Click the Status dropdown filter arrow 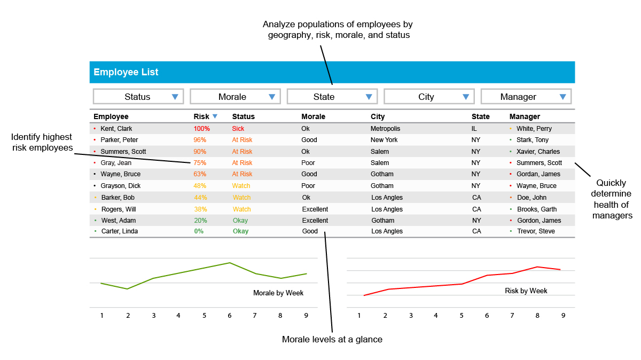click(175, 97)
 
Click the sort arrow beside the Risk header click(215, 116)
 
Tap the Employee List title click(126, 72)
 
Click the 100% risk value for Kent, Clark click(201, 129)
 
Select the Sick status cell click(238, 129)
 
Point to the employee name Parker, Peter click(119, 140)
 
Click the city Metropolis click(385, 129)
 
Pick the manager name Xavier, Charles click(538, 152)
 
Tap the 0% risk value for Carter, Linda click(199, 231)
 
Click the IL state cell click(474, 129)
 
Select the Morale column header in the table click(313, 116)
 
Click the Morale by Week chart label click(278, 293)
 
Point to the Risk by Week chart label click(526, 291)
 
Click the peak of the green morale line click(230, 263)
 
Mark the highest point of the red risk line click(537, 267)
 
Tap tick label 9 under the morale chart click(306, 315)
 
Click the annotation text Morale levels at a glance click(332, 339)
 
